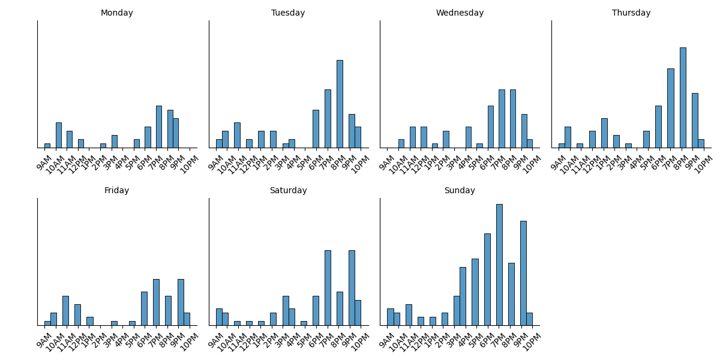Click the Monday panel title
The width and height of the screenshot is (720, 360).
tap(117, 13)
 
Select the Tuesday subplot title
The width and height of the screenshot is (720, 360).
tap(288, 13)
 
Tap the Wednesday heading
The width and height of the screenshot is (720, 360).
tap(460, 13)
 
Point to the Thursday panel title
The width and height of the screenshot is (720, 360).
tap(631, 13)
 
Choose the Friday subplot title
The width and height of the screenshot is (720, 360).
tap(117, 191)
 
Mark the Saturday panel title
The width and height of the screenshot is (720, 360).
tap(288, 191)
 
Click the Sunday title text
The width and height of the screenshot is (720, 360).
tap(460, 191)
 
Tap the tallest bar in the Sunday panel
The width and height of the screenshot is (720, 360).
tap(499, 265)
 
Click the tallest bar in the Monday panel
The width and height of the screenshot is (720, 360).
tap(159, 127)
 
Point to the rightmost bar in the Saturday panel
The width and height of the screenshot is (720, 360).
tap(358, 313)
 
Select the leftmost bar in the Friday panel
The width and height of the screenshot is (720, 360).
tap(47, 323)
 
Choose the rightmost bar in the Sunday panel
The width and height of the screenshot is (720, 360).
tap(529, 319)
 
